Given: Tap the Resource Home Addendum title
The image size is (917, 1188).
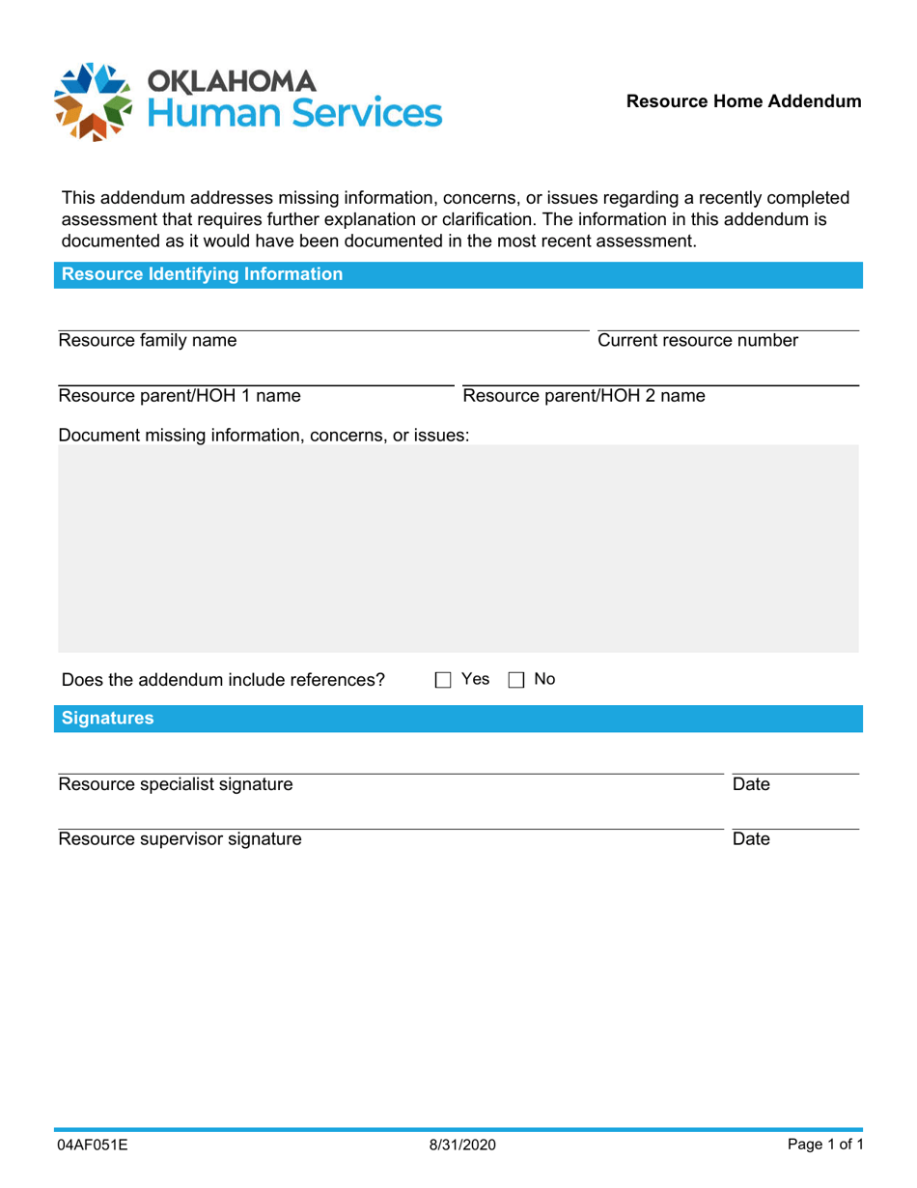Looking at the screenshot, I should [743, 101].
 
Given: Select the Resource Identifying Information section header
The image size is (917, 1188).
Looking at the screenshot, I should [202, 274].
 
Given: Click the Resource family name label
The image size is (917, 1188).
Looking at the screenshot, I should [147, 340].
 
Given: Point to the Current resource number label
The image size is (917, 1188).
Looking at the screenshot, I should [698, 340].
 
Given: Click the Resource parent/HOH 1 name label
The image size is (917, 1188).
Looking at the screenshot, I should [180, 396].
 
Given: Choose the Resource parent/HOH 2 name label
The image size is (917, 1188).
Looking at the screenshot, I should [584, 396].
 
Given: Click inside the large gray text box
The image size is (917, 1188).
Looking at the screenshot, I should [458, 548].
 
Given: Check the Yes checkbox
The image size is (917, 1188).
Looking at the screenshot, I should [443, 680].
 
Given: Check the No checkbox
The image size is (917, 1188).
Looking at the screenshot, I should [515, 680].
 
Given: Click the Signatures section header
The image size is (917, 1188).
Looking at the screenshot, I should [107, 719].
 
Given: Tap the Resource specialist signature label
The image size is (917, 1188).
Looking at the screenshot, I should [176, 784].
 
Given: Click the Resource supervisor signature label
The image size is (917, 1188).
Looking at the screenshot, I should [180, 839].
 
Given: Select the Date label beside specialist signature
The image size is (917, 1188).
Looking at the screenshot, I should [751, 784].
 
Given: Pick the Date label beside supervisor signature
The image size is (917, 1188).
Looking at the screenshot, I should [751, 839].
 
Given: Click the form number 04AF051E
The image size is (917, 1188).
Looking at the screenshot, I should [94, 1146].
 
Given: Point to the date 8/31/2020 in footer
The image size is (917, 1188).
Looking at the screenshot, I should [462, 1146].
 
